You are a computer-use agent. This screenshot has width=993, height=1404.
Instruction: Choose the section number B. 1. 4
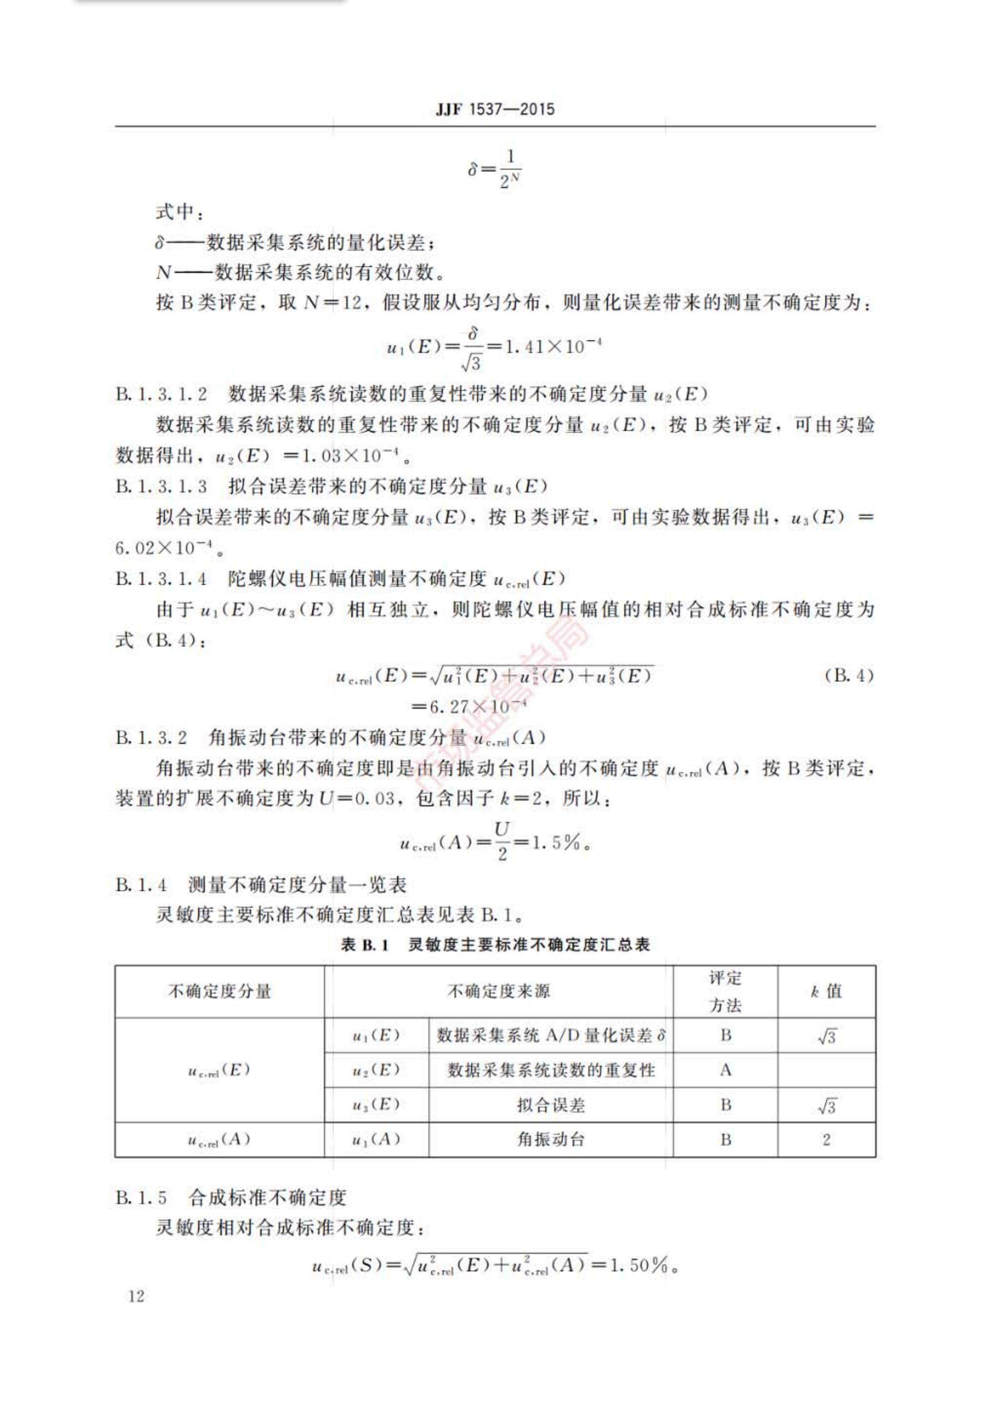click(141, 884)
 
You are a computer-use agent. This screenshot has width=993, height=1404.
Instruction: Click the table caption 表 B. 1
click(365, 945)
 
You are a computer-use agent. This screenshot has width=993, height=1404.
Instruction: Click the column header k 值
click(826, 991)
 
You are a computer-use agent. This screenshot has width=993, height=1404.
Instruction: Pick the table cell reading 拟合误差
click(551, 1105)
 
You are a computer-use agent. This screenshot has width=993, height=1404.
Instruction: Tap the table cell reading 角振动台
click(551, 1139)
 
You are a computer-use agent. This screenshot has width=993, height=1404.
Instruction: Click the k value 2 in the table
click(826, 1139)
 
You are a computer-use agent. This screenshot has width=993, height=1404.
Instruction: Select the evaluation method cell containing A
click(725, 1070)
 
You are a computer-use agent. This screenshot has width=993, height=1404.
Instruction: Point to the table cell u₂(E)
click(376, 1070)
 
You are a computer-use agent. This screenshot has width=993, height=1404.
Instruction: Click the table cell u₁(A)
click(376, 1139)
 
